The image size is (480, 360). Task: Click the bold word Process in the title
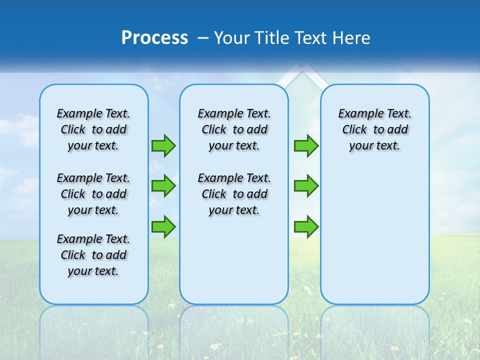[154, 38]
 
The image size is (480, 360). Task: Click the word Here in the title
[352, 38]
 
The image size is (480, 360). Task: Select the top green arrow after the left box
[163, 146]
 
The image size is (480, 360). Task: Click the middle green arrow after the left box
[163, 186]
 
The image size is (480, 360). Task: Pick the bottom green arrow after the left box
[163, 226]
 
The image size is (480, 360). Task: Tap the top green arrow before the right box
[306, 146]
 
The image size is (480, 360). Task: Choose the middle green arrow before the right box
[306, 186]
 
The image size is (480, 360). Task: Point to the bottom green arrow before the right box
[306, 226]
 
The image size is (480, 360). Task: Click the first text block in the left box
[93, 129]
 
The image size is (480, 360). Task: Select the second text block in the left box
[93, 194]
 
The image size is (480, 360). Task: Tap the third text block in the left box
[93, 255]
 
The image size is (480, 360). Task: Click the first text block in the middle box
[234, 129]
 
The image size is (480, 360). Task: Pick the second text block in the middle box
[234, 194]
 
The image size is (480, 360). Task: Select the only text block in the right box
[374, 129]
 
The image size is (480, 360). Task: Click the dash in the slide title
[203, 38]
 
